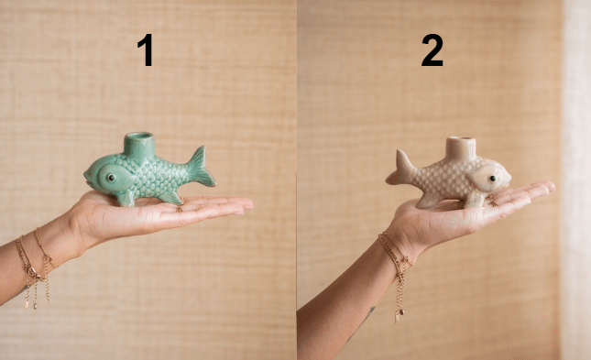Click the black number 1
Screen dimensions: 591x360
coord(146,49)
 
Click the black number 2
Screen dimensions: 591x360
coord(432,49)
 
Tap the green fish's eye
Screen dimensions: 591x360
coord(111,178)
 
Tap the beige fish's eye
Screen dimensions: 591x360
coord(493,178)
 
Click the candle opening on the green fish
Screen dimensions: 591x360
coord(139,136)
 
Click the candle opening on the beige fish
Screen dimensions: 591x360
coord(460,140)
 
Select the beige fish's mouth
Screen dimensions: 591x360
coord(509,179)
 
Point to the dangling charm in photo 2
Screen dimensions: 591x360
coord(397,317)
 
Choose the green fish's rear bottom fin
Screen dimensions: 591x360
coord(170,197)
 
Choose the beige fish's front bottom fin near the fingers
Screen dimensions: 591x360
coord(475,199)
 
